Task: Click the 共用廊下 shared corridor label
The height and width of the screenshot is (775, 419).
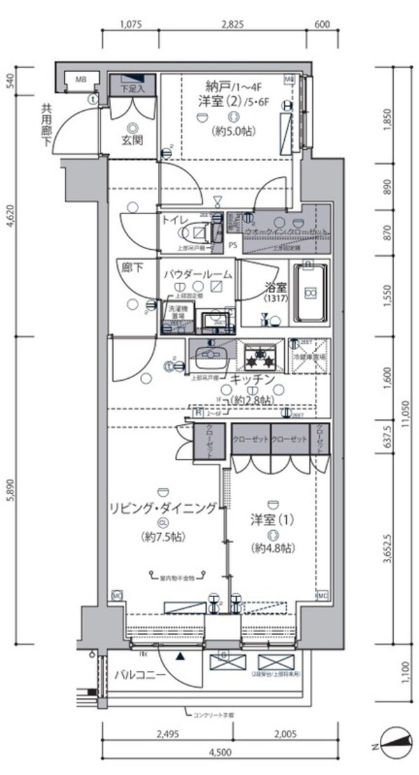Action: tap(47, 126)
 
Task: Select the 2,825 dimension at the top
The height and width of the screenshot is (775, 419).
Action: tap(232, 24)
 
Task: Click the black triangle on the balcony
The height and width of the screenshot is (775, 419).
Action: tap(181, 656)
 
